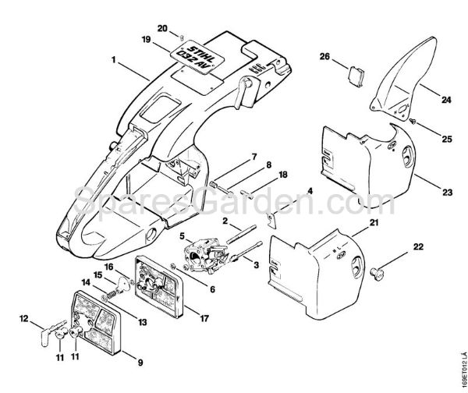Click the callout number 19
(146, 40)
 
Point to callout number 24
(446, 100)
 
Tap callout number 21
(374, 223)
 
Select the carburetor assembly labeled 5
(203, 257)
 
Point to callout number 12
(24, 317)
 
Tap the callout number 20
(162, 28)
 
